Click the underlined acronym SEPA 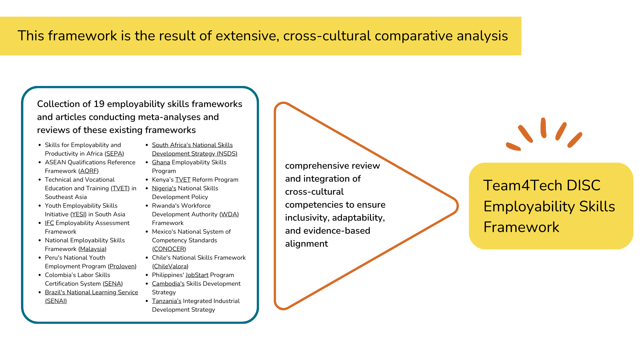(114, 154)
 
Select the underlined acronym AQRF (89, 171)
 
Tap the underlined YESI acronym (79, 214)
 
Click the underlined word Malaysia (93, 249)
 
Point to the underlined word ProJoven (122, 266)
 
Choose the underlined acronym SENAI (56, 301)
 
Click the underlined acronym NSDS (227, 154)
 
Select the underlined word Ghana (161, 162)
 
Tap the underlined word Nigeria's (164, 188)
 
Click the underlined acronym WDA (229, 214)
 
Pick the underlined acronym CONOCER (169, 249)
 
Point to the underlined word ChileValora (170, 266)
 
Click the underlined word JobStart (197, 275)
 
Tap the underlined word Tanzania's (167, 301)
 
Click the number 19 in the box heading (99, 104)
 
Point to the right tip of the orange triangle (458, 206)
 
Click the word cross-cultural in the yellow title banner (327, 36)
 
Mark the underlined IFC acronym (49, 223)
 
